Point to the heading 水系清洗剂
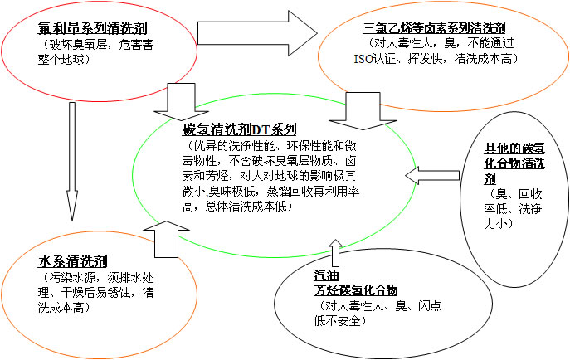pos(74,260)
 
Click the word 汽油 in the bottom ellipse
pos(325,275)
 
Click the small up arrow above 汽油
pos(334,253)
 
